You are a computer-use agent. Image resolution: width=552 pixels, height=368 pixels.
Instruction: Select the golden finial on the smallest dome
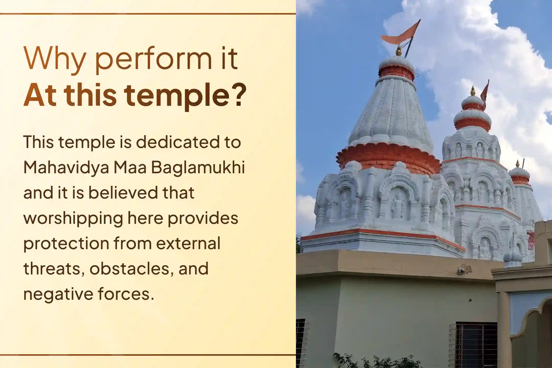[518, 164]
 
